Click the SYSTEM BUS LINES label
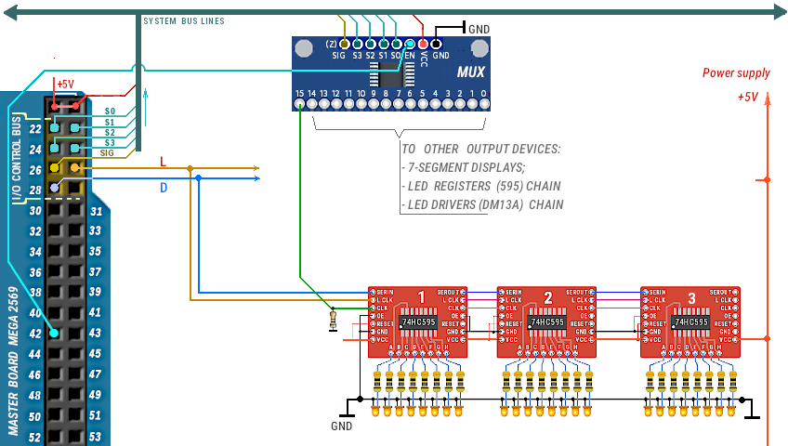pos(184,21)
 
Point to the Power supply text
pos(736,73)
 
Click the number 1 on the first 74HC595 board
pos(421,298)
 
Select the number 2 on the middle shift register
pos(548,298)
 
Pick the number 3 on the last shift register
pos(691,298)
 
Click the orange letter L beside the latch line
pos(164,162)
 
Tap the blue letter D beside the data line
pos(164,189)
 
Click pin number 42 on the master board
pos(34,334)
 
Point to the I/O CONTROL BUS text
pos(16,160)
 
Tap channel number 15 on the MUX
pos(299,94)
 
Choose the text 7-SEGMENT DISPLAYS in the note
pos(465,167)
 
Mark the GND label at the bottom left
pos(342,426)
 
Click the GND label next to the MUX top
pos(479,29)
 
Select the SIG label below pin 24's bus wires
pos(107,153)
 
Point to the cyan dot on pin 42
pos(56,334)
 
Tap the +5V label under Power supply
pos(748,97)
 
